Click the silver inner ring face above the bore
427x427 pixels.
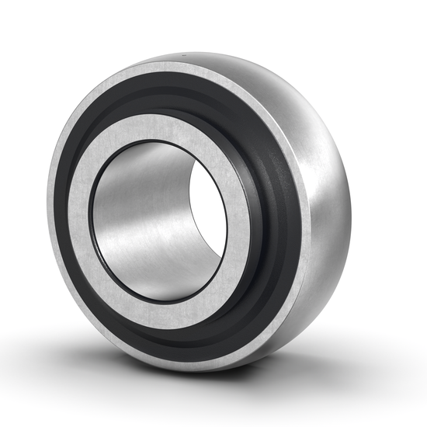pyautogui.click(x=164, y=125)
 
